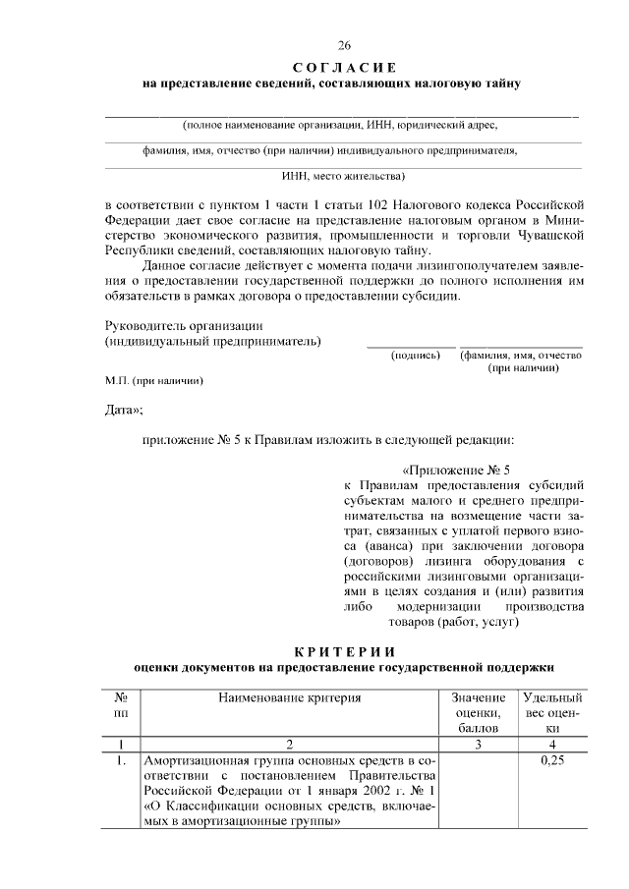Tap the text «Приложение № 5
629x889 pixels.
click(x=457, y=469)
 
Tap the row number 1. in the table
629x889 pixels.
click(x=120, y=760)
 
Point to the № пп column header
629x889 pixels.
click(x=121, y=704)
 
